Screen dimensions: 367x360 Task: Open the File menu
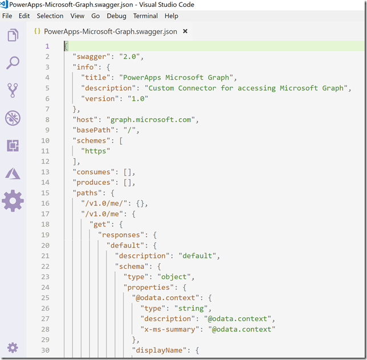pos(7,16)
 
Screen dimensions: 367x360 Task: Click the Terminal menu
pos(145,16)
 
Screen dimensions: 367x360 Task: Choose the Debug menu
pos(116,16)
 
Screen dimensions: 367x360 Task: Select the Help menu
pos(172,16)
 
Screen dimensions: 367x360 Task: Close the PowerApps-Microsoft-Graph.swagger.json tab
pos(185,31)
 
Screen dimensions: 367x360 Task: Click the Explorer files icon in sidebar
pos(13,35)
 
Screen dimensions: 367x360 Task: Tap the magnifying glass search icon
pos(13,63)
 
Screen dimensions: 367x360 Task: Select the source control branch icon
pos(13,90)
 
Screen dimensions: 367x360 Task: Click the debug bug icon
pos(13,118)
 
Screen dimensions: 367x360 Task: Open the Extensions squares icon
pos(13,145)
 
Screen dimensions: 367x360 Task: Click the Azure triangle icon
pos(13,173)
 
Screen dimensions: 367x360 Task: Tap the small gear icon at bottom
pos(13,347)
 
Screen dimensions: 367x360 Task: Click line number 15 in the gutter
pos(46,193)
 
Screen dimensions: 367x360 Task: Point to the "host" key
pos(85,120)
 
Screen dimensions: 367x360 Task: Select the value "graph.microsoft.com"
pos(150,120)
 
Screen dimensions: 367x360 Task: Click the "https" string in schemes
pos(96,151)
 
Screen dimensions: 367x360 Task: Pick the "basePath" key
pos(93,130)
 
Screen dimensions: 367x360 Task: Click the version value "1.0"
pos(138,99)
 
